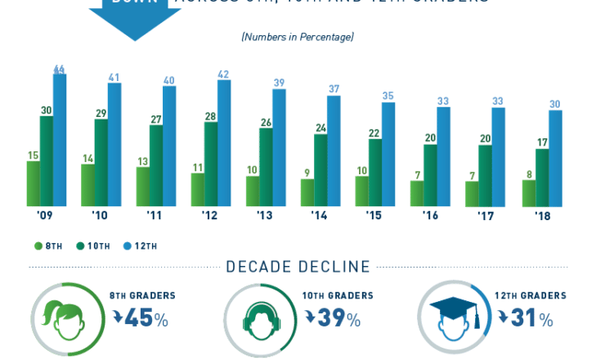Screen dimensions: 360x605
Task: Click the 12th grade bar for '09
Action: (x=60, y=140)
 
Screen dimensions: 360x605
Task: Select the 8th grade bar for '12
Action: (x=198, y=189)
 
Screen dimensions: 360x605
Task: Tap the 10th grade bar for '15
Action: (x=375, y=173)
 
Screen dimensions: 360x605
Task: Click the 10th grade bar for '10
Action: (x=101, y=163)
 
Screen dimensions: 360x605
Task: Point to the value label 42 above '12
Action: (x=223, y=74)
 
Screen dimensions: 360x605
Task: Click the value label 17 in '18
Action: (x=542, y=142)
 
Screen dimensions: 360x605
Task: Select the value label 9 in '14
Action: (x=306, y=173)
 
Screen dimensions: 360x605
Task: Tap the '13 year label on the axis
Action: (x=265, y=216)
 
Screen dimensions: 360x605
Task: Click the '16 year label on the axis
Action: (x=429, y=216)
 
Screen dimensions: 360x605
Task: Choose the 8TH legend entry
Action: (x=50, y=245)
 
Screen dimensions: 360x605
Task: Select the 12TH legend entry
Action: (x=140, y=245)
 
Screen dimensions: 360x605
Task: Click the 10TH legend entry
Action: (x=94, y=245)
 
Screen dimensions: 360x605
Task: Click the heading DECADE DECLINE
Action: (x=298, y=267)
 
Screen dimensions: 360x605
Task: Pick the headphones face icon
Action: (x=258, y=319)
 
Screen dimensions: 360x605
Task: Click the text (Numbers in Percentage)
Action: (x=298, y=37)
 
